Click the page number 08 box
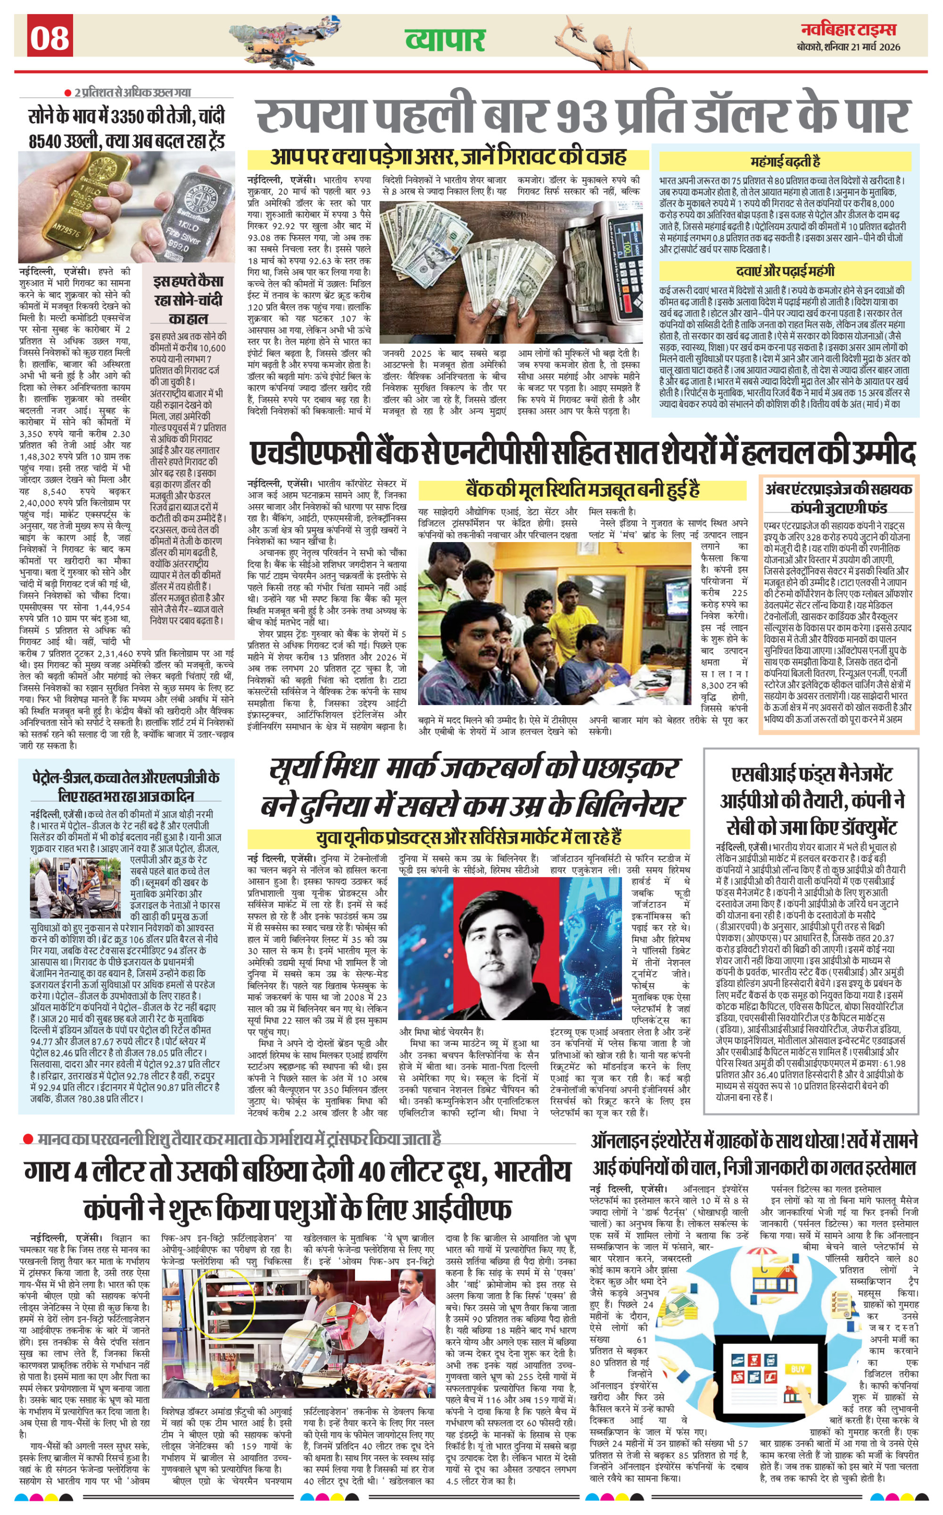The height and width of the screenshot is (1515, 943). pyautogui.click(x=50, y=37)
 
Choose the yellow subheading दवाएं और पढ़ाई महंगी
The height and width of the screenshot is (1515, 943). pyautogui.click(x=785, y=271)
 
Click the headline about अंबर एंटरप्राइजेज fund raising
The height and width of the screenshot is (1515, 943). pyautogui.click(x=838, y=497)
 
